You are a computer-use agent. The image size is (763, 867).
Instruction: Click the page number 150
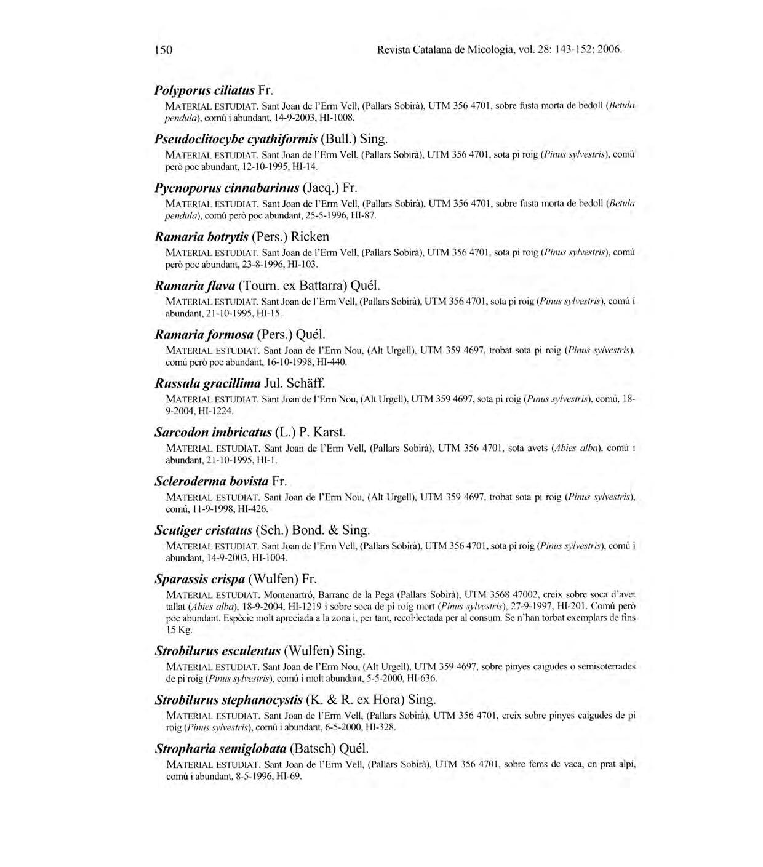coord(163,49)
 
